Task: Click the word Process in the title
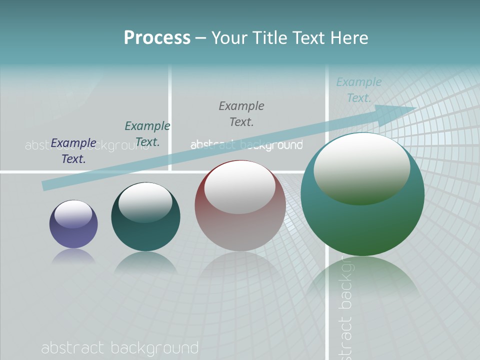click(x=157, y=38)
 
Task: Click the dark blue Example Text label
click(x=73, y=151)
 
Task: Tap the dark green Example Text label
click(x=147, y=134)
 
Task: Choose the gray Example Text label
click(x=241, y=113)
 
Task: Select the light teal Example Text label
click(x=359, y=89)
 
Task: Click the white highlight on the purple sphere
click(x=73, y=214)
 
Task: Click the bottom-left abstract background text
click(x=120, y=348)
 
